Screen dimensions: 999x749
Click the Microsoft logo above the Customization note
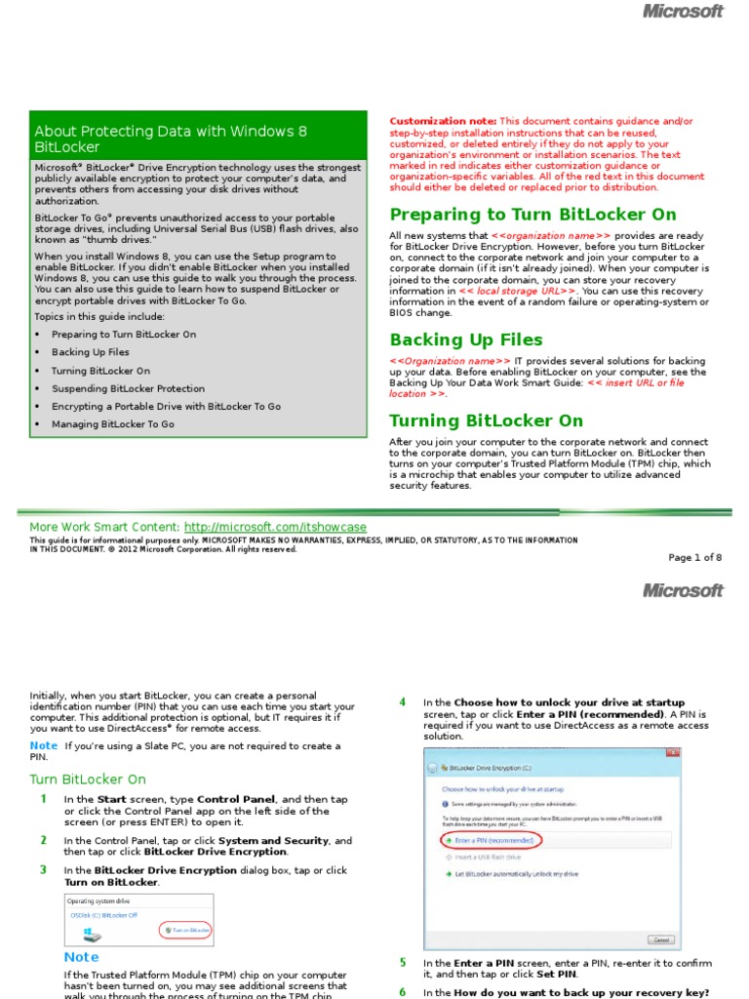tap(683, 12)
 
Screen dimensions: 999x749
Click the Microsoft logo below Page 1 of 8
tap(683, 590)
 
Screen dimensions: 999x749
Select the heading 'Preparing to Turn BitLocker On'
tap(532, 215)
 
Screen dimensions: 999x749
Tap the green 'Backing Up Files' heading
tap(466, 340)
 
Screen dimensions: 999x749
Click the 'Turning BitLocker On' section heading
tap(486, 420)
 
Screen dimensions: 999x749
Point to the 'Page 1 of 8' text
tap(694, 558)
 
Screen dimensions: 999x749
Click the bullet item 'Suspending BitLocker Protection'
tap(128, 388)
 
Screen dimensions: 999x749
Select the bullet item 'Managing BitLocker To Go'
tap(113, 424)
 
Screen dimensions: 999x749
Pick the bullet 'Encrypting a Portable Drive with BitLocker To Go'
tap(166, 406)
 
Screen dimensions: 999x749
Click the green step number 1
tap(43, 799)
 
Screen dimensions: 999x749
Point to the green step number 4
tap(402, 701)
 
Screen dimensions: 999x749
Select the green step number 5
tap(402, 962)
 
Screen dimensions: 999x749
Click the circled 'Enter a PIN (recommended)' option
tap(493, 839)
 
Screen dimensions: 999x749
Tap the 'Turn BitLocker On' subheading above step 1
tap(88, 779)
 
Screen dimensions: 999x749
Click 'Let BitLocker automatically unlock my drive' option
tap(516, 874)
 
